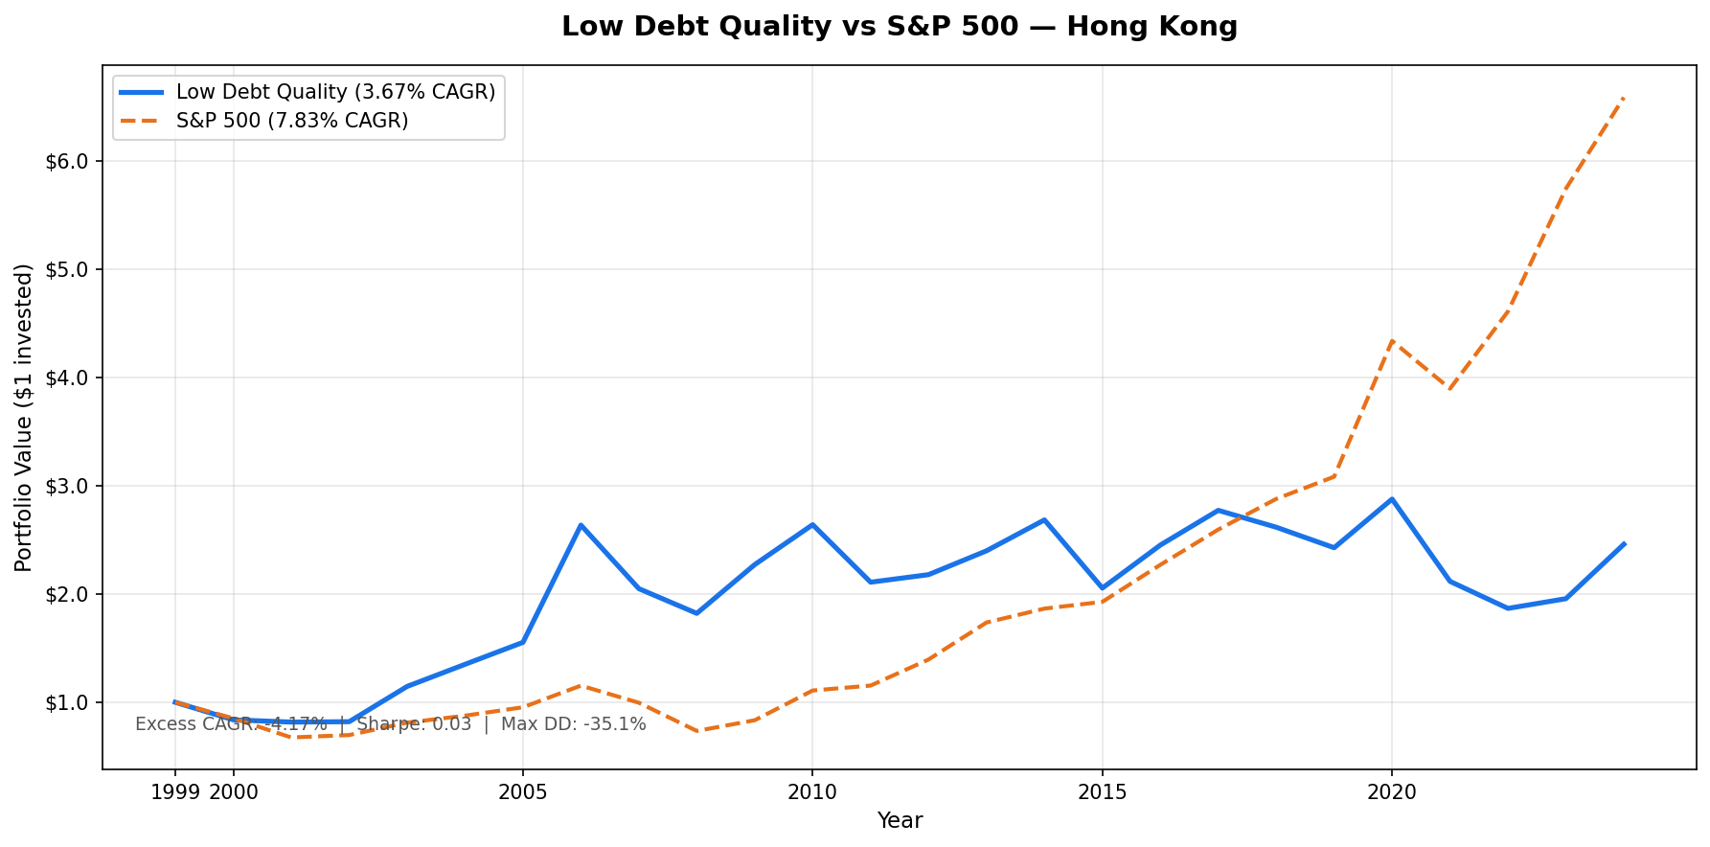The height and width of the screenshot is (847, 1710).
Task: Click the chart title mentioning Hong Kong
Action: tap(899, 27)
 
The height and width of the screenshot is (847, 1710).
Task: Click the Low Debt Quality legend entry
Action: tap(335, 92)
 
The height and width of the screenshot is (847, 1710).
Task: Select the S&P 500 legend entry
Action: tap(292, 121)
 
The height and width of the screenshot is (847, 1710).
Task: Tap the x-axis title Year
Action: tap(900, 821)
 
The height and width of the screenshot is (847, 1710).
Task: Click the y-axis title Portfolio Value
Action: tap(24, 417)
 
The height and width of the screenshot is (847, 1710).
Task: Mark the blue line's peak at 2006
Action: tap(581, 525)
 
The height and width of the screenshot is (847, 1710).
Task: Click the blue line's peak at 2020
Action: tap(1391, 499)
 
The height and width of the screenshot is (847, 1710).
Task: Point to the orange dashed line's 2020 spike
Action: tap(1391, 341)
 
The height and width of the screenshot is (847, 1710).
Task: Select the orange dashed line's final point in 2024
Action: tap(1624, 98)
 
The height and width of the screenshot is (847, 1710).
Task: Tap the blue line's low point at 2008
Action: tap(696, 613)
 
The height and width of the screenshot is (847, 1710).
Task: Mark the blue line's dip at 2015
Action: tap(1102, 587)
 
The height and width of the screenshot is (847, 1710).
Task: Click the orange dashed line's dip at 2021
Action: tap(1449, 389)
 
